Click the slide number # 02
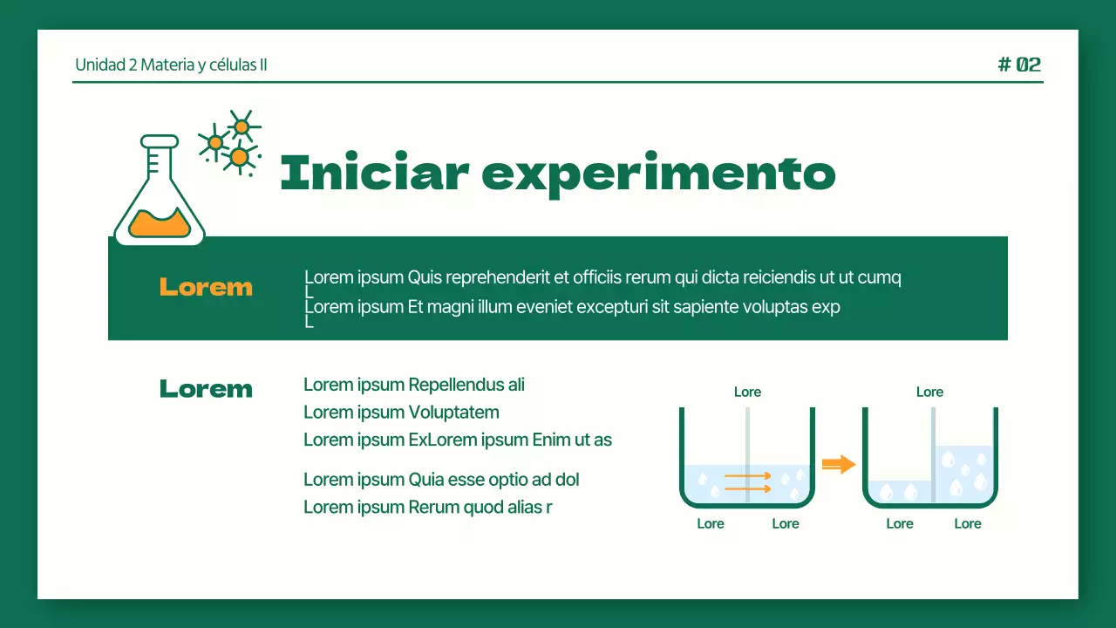[1019, 65]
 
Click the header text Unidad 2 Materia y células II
[171, 65]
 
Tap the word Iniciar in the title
[374, 173]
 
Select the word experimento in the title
[658, 174]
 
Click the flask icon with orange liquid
[160, 194]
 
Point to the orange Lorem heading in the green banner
[206, 287]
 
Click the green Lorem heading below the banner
[206, 389]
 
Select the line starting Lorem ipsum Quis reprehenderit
[602, 278]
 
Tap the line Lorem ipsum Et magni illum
[572, 307]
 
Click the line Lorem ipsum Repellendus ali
[414, 385]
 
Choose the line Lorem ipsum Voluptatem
[401, 413]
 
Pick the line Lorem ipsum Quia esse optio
[441, 480]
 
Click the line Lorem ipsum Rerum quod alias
[427, 508]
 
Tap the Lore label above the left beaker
[747, 392]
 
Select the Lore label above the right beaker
[929, 392]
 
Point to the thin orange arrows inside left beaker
[747, 482]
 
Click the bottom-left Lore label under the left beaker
[711, 524]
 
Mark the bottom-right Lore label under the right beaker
[967, 524]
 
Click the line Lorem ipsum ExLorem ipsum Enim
[458, 440]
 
